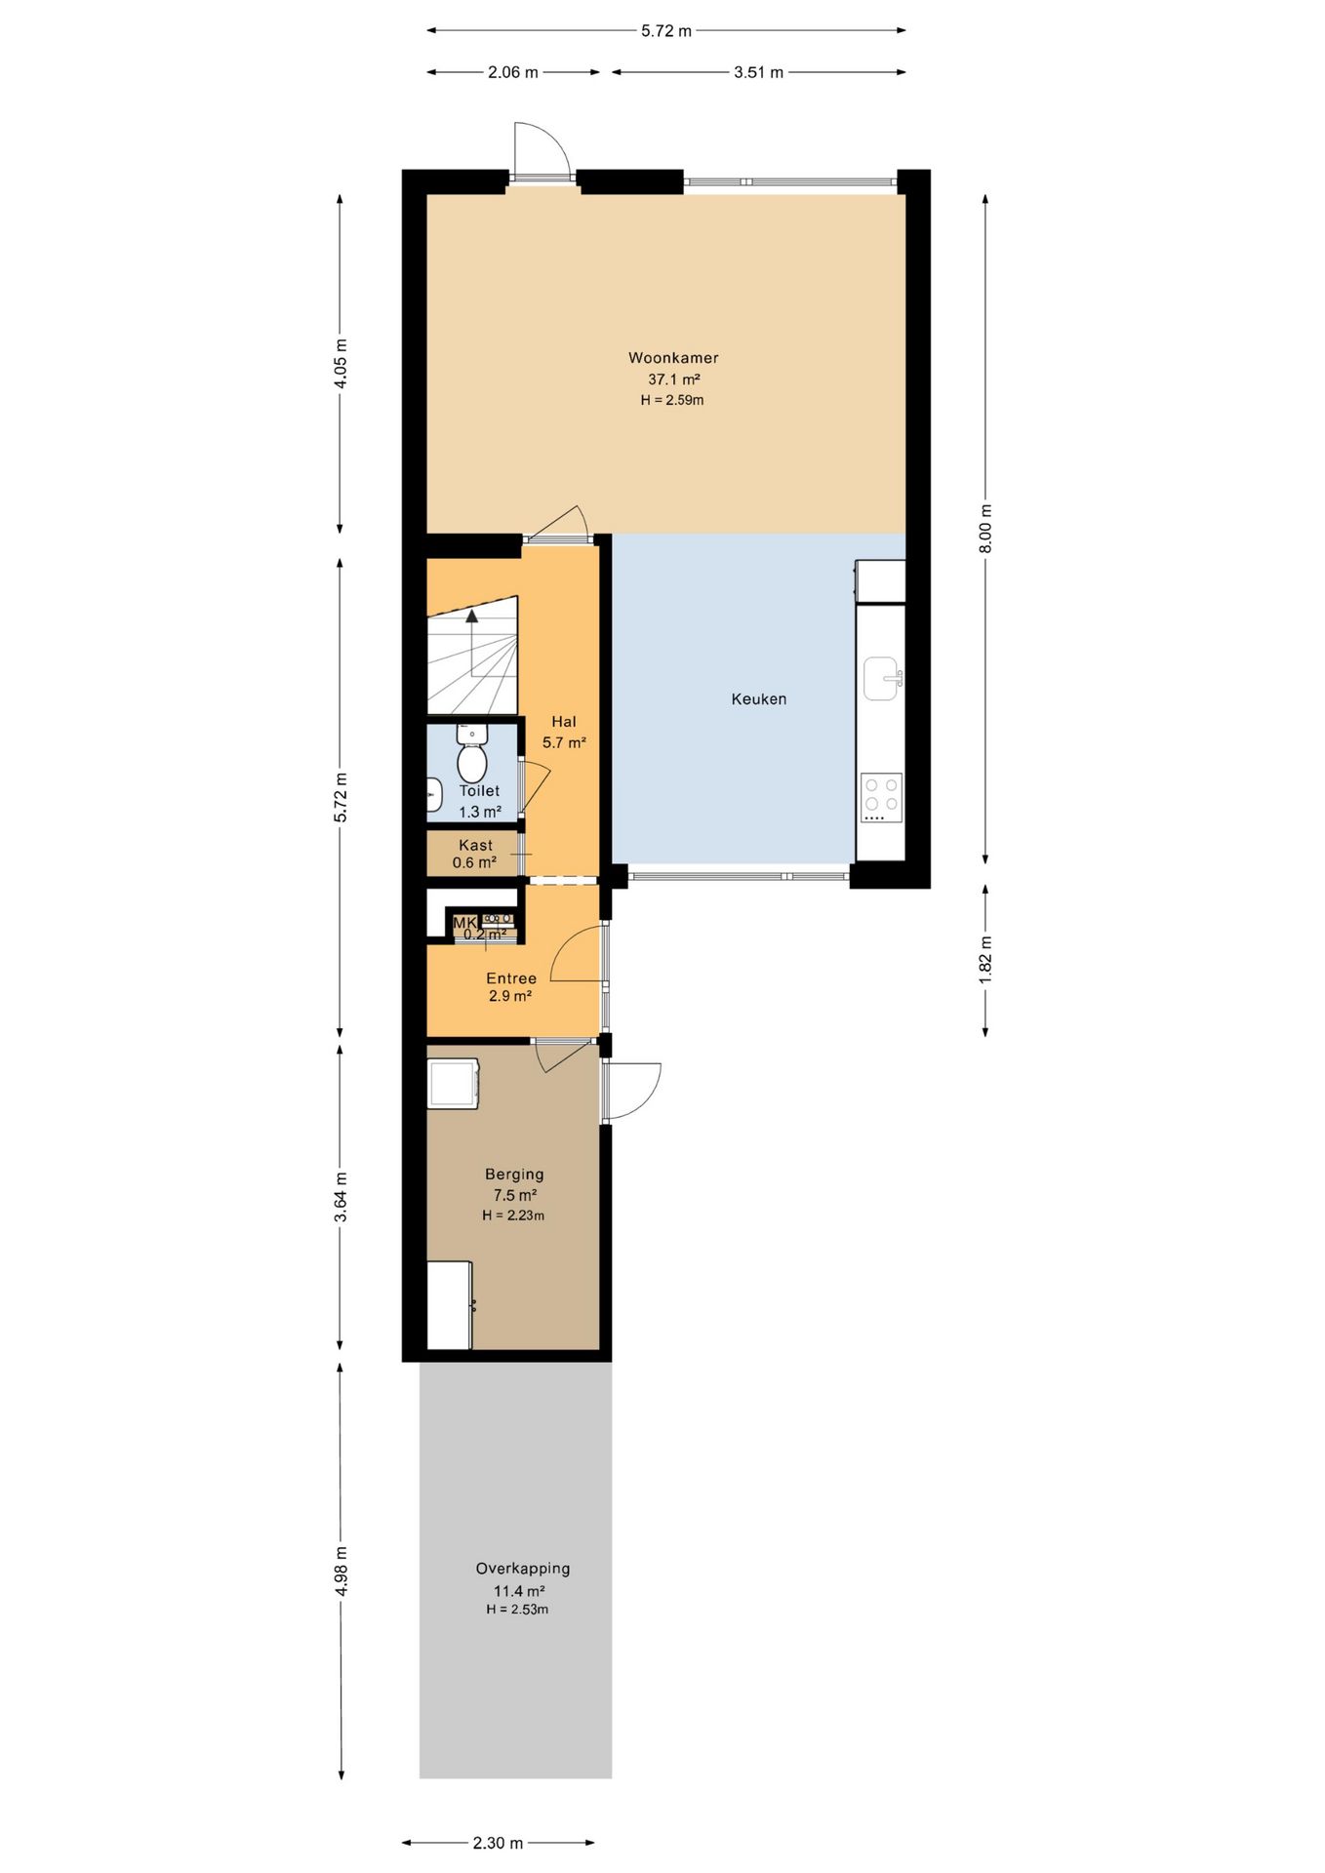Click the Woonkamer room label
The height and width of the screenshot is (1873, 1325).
(673, 358)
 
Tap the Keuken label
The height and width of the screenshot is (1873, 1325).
(759, 698)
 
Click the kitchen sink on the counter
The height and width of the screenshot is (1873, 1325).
(882, 678)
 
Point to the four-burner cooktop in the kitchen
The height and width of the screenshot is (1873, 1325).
(882, 797)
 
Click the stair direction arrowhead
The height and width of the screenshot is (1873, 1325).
(472, 616)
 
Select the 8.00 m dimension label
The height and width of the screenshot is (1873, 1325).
(985, 529)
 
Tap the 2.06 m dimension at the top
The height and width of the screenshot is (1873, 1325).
(513, 72)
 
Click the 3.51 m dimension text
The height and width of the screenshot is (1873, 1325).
(759, 72)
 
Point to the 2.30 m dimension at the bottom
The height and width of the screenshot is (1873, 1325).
(498, 1843)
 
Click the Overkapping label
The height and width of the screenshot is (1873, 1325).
(523, 1569)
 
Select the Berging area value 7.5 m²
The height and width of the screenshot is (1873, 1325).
(515, 1195)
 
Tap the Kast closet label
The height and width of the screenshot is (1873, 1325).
(476, 845)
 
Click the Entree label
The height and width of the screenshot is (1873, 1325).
(511, 978)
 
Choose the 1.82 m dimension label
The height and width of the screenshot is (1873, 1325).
(985, 960)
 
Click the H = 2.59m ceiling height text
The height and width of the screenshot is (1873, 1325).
(672, 400)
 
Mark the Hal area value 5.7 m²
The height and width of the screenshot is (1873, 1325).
(564, 742)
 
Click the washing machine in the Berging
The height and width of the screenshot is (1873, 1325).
(454, 1084)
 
